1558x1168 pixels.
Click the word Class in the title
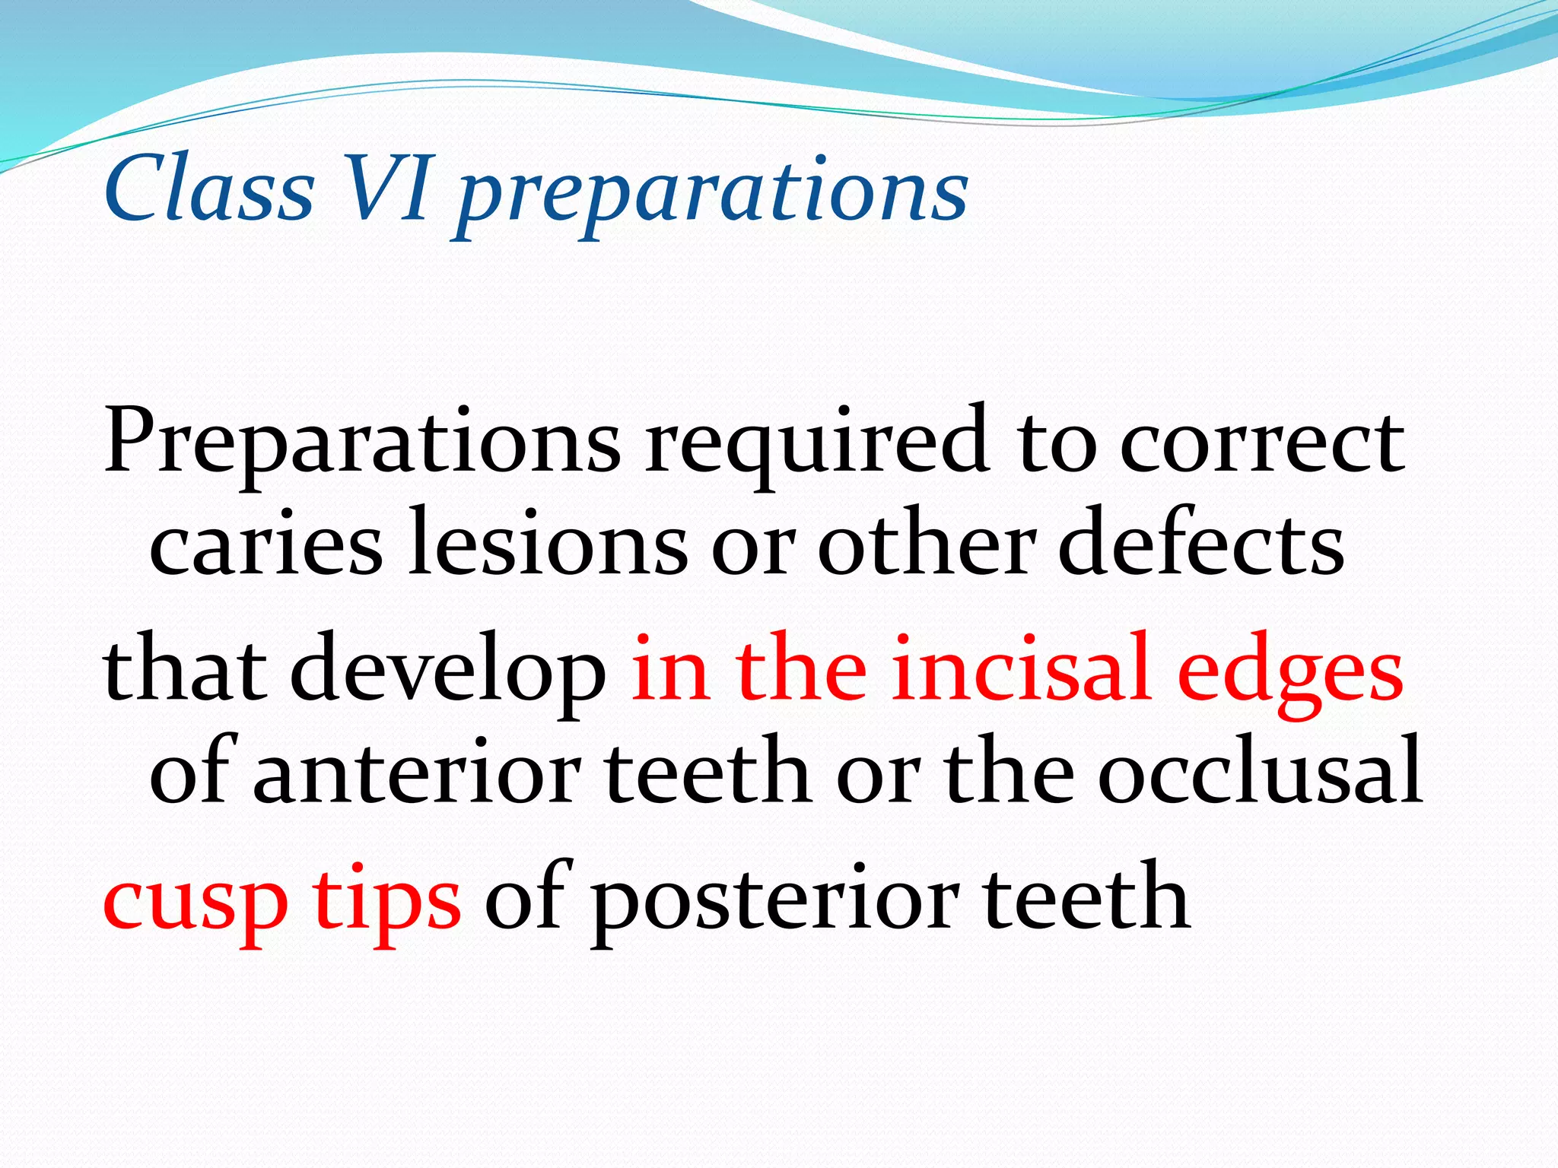[209, 189]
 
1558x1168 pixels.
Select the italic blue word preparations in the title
[711, 194]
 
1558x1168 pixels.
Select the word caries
[266, 544]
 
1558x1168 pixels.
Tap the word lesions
[548, 544]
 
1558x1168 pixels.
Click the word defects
[1201, 544]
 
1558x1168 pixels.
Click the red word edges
[1289, 673]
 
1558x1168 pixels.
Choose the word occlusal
[1260, 773]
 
